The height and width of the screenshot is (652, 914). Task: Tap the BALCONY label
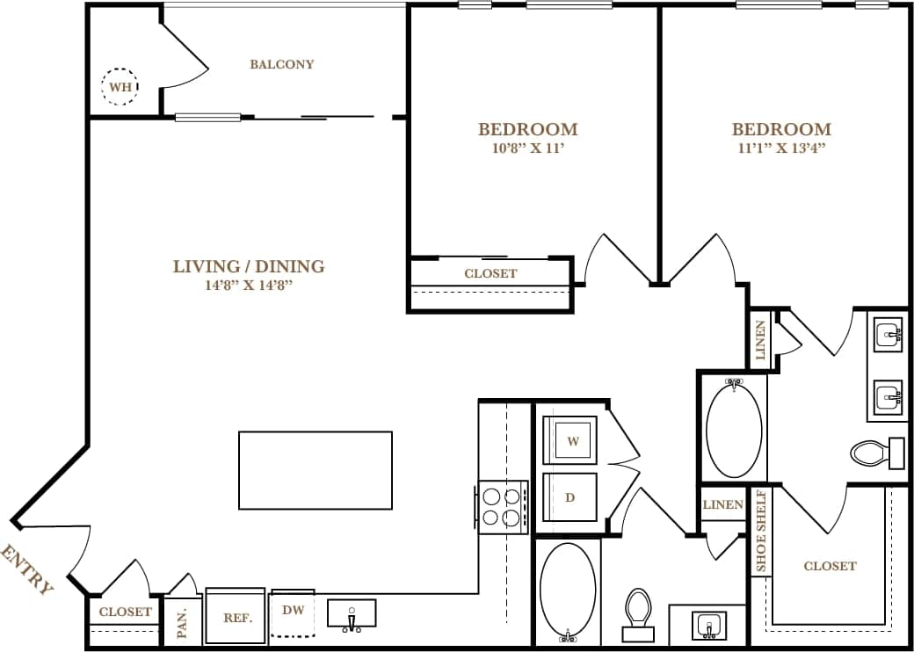click(x=281, y=64)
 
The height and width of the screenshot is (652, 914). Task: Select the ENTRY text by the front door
click(x=27, y=569)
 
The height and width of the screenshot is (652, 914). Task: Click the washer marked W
click(x=571, y=441)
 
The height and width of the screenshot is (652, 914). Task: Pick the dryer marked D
click(x=570, y=497)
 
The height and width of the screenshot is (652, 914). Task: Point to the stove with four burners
click(x=502, y=506)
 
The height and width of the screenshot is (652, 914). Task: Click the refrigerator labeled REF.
click(x=236, y=616)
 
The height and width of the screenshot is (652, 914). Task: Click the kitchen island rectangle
click(x=315, y=470)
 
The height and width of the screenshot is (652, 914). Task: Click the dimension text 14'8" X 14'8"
click(x=248, y=285)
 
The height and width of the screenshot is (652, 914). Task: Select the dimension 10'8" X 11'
click(x=527, y=148)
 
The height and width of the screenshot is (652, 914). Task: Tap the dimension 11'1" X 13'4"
click(x=781, y=148)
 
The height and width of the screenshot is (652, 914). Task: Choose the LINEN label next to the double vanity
click(x=760, y=340)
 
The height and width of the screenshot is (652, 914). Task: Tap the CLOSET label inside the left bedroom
click(x=490, y=273)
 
